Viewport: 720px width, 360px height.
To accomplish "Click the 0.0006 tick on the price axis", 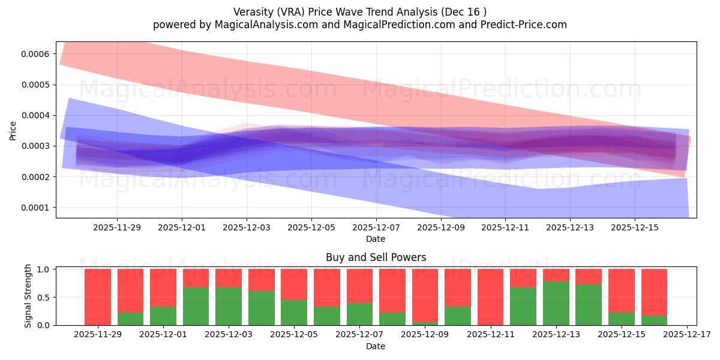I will coord(35,54).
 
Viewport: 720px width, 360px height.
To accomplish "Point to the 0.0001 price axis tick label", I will coord(35,208).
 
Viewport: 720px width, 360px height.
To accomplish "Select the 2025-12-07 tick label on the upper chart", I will coord(376,228).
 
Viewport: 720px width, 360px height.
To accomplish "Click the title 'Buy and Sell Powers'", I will coord(376,257).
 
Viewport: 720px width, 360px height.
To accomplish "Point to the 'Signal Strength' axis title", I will coord(28,297).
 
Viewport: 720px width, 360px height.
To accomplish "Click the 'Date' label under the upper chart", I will coord(376,239).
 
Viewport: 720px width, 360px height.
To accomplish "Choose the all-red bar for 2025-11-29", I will coord(98,297).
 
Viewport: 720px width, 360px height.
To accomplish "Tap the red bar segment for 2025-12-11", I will coord(491,297).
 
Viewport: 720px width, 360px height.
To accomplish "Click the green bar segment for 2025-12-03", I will coord(229,307).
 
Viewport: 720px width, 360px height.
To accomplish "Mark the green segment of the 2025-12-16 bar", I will coord(654,320).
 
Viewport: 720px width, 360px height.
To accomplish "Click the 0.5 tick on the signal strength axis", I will coord(45,298).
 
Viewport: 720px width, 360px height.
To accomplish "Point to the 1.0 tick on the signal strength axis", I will coord(45,269).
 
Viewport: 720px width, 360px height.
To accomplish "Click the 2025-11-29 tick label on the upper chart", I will coord(117,228).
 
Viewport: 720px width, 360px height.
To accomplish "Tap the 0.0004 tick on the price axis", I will coord(35,115).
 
